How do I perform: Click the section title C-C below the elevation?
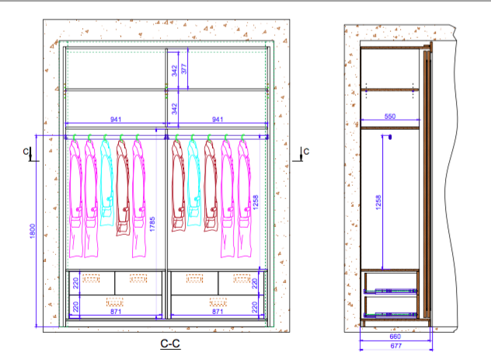(170, 344)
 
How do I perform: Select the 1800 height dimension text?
(33, 231)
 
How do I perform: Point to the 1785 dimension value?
(152, 224)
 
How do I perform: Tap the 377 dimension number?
(183, 69)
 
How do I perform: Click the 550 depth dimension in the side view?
(390, 116)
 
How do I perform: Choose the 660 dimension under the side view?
(395, 336)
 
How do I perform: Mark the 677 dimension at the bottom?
(395, 345)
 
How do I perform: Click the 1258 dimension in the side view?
(378, 202)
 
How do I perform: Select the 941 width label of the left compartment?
(116, 120)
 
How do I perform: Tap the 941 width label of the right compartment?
(218, 120)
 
